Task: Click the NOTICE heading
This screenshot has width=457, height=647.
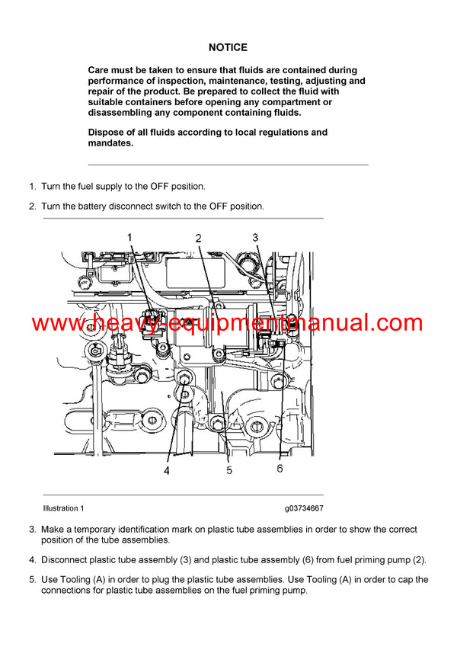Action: pos(228,47)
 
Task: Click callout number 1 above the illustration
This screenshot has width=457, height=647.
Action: pos(129,237)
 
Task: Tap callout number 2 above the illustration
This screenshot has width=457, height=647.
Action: pos(198,238)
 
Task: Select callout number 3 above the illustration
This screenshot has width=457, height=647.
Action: pos(255,238)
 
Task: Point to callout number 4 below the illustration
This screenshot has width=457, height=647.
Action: pos(167,470)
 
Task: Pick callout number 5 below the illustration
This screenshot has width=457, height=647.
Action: pos(229,470)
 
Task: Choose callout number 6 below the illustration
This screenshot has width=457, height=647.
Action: pos(280,469)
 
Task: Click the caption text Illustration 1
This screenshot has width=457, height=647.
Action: pos(63,508)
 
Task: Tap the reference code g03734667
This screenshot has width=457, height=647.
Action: pos(304,508)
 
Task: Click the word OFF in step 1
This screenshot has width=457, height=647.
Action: pos(159,187)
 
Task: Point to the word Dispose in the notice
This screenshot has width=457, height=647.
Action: pos(103,133)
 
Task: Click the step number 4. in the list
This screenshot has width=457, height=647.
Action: pos(33,560)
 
